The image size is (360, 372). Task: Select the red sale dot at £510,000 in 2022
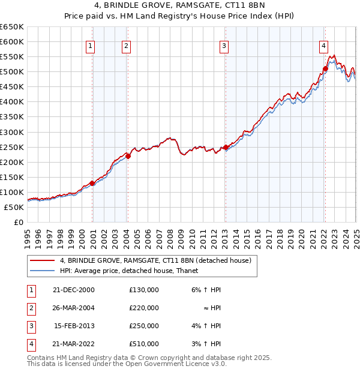pos(325,68)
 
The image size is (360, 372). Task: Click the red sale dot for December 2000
pos(92,183)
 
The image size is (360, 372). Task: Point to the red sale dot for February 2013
pos(226,147)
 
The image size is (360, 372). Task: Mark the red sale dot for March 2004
pos(128,156)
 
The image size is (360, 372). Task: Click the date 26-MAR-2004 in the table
pos(74,308)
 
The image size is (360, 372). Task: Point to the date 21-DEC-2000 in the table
pos(74,290)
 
